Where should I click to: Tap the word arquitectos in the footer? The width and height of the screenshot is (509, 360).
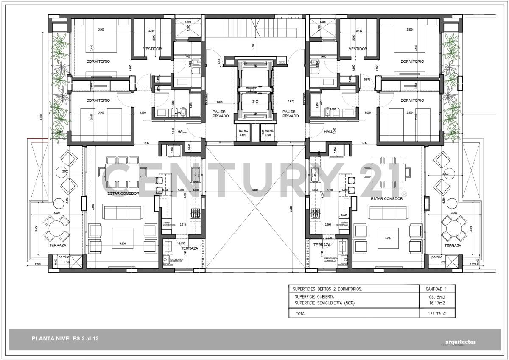461,342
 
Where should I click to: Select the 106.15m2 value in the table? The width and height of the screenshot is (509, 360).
436,297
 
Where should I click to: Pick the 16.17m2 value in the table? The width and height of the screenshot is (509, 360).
436,303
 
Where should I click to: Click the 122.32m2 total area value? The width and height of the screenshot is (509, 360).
436,314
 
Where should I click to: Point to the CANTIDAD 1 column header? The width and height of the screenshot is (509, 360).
436,289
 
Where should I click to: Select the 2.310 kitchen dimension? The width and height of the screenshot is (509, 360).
183,224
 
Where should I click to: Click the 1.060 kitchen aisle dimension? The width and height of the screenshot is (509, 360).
181,190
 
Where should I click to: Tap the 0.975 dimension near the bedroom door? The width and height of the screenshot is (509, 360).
367,80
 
